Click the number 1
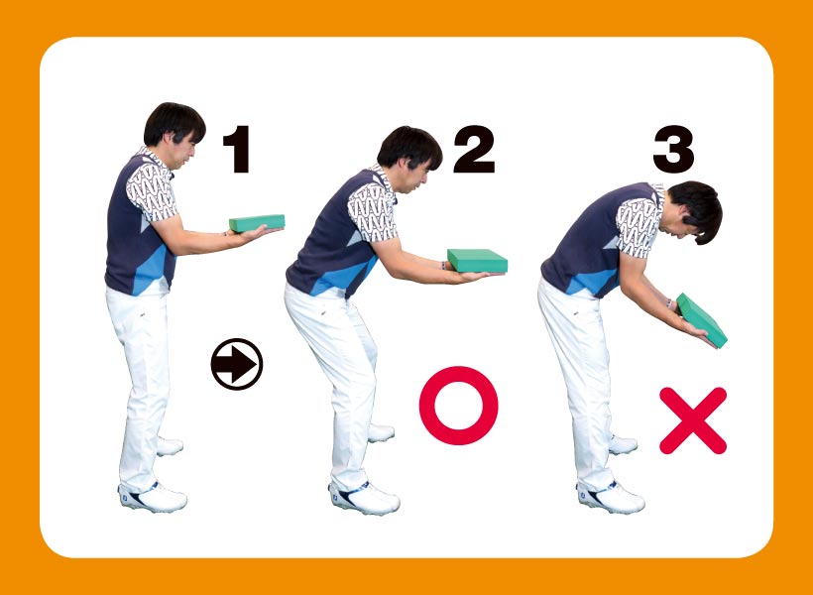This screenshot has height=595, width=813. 237,150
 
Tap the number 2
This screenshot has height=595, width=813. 474,149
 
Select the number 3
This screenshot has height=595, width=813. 673,150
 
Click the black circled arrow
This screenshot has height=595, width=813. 237,364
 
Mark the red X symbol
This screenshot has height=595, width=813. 693,420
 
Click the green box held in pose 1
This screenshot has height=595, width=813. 257,223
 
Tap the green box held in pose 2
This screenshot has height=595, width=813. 478,261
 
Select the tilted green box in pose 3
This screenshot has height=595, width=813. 702,320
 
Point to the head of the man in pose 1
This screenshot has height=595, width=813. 174,133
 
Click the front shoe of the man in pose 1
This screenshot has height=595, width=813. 153,497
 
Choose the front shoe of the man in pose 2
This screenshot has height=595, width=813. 364,497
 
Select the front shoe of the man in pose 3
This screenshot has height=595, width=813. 611,497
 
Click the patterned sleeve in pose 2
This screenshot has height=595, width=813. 372,211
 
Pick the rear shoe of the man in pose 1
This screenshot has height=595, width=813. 169,446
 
